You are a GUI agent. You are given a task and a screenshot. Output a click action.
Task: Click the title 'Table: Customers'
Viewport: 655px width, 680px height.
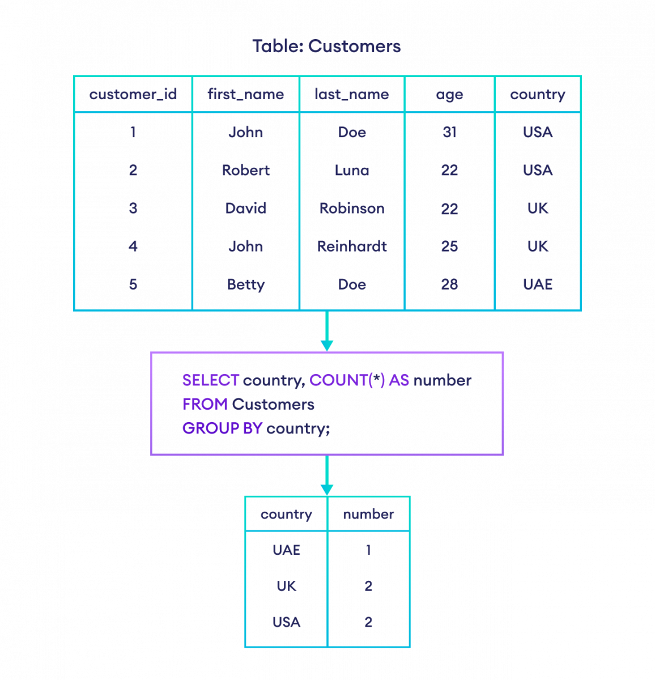(326, 46)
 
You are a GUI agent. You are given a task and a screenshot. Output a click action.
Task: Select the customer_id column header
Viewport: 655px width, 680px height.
(133, 94)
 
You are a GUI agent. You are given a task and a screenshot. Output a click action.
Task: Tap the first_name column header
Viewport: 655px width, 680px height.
(245, 94)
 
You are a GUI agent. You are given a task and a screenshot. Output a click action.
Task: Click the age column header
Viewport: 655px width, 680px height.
(449, 95)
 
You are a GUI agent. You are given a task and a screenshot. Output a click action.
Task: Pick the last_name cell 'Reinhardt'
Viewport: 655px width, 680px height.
(352, 246)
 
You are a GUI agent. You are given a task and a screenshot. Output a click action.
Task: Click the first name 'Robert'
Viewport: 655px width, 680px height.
(245, 171)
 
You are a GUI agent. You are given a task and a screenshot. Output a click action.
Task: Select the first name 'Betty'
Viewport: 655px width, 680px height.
(245, 284)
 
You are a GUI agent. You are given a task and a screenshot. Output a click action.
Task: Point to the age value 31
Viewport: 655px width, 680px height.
(449, 133)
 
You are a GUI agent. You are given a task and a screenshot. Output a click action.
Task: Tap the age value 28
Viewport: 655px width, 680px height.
(449, 284)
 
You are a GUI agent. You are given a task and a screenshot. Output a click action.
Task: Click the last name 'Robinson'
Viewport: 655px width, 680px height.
(352, 209)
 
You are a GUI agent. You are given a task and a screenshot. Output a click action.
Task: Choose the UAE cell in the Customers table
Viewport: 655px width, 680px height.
(537, 284)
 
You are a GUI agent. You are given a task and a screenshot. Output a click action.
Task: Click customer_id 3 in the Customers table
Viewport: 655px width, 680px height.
(133, 209)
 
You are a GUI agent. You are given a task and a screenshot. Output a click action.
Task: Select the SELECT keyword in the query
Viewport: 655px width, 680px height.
(210, 380)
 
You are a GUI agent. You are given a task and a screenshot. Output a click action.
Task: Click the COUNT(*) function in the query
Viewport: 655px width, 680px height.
(347, 380)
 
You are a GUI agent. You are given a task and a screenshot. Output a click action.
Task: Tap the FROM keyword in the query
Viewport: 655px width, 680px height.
(205, 405)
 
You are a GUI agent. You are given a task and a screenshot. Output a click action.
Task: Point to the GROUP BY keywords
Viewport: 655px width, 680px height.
(222, 428)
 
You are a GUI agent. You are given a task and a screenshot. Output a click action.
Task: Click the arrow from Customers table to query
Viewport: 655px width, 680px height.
(327, 331)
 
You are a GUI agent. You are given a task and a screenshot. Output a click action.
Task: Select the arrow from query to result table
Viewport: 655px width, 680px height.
(327, 476)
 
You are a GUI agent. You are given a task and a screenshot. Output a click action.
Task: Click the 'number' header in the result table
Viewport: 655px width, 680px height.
(368, 515)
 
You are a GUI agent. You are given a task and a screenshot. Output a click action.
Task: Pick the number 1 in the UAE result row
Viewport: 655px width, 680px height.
(368, 550)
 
